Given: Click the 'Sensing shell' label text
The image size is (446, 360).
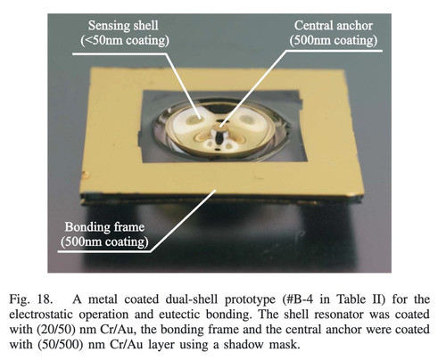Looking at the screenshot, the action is coord(123,25).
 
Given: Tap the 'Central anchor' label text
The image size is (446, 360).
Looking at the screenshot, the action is coord(334,25).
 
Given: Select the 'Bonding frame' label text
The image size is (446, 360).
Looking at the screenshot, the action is coord(104,227).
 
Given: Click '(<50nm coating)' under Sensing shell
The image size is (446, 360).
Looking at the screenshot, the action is coord(125,40).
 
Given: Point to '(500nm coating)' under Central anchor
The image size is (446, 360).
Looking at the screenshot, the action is coord(334,40).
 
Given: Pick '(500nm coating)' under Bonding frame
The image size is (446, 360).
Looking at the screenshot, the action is coord(104,241).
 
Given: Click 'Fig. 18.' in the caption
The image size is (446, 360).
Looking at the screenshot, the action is coord(31,299).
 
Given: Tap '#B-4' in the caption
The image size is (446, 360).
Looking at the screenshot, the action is coord(298,299).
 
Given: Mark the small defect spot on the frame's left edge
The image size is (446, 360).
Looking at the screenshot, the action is coord(87,175).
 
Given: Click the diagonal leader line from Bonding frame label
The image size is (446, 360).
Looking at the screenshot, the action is coord(183,221).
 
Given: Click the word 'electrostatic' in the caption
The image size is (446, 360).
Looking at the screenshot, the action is coord(40,315).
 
